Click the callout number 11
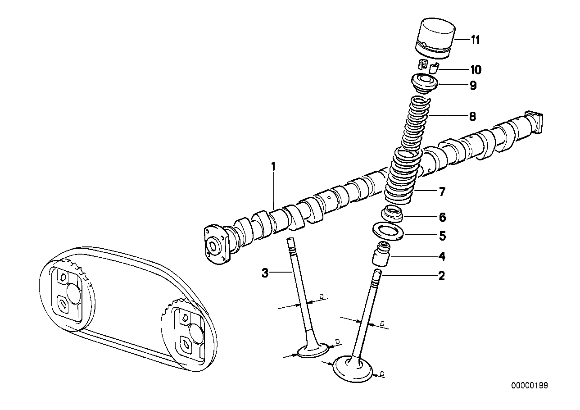(x=476, y=40)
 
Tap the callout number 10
(x=476, y=69)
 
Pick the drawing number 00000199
(x=529, y=386)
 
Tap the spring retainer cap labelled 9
(x=424, y=84)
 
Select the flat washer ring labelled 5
(x=387, y=231)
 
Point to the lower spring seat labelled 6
(x=393, y=213)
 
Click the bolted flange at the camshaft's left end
(x=213, y=245)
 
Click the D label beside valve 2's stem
(x=382, y=323)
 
